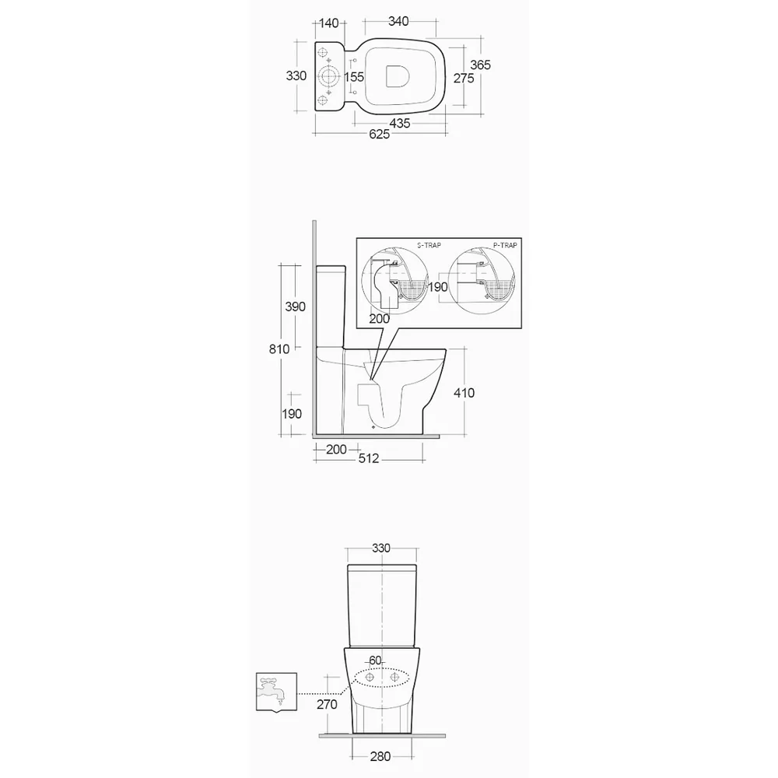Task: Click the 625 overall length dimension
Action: [x=379, y=135]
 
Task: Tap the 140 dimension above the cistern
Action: [x=328, y=23]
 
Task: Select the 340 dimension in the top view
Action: [x=398, y=21]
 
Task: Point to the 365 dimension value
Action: [x=480, y=65]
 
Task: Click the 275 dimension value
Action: [x=464, y=79]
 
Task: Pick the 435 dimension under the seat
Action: [x=400, y=123]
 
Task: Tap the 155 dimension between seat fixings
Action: [x=354, y=77]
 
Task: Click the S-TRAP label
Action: [x=429, y=245]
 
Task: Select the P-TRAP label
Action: [x=505, y=245]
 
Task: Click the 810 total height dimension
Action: [x=279, y=349]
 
